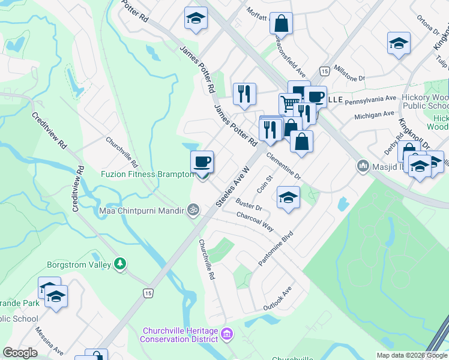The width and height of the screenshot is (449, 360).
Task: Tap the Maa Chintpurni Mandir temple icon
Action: [193, 210]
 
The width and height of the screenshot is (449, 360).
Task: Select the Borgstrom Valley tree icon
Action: [121, 264]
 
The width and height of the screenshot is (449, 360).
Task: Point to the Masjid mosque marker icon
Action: [363, 165]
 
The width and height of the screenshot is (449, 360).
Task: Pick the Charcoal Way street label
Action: [255, 221]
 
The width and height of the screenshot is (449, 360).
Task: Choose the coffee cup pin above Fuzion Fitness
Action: [202, 162]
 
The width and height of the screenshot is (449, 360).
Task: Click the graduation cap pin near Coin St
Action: [288, 198]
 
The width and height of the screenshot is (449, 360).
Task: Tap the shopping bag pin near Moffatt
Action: [281, 25]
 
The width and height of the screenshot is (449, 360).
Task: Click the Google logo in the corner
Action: [20, 353]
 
